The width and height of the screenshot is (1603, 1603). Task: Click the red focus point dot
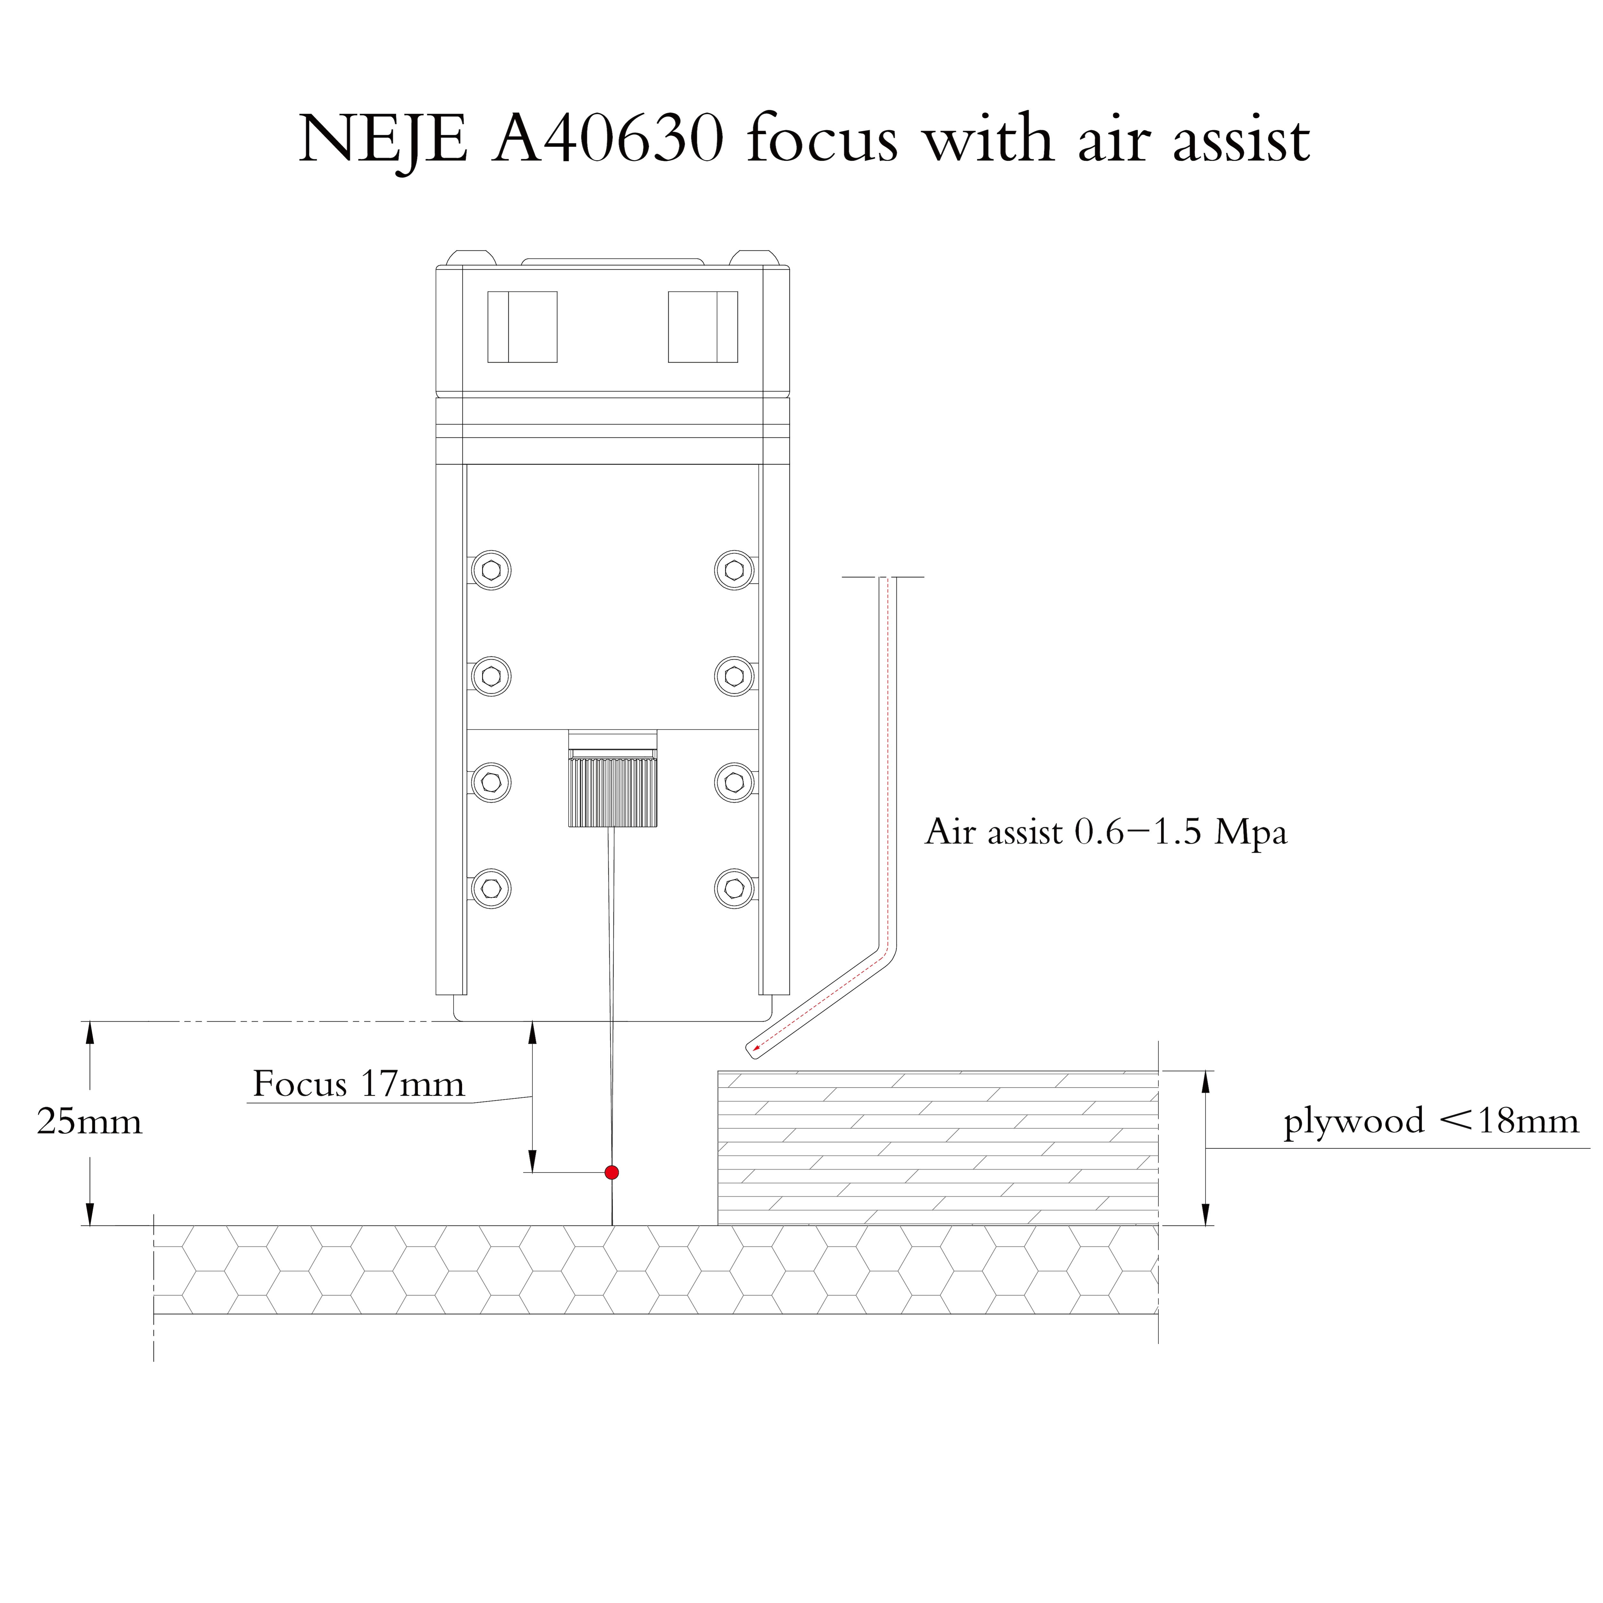[611, 1172]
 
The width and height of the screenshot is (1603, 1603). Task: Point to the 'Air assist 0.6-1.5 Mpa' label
[1106, 832]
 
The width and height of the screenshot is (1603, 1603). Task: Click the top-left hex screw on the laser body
[491, 570]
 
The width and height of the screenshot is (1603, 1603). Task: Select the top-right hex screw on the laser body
[734, 570]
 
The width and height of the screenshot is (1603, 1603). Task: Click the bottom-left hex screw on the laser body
[491, 889]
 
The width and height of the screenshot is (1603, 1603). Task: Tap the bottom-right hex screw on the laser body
[734, 889]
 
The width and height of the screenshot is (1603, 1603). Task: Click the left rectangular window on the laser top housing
[522, 327]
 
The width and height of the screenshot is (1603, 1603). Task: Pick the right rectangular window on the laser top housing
[703, 327]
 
